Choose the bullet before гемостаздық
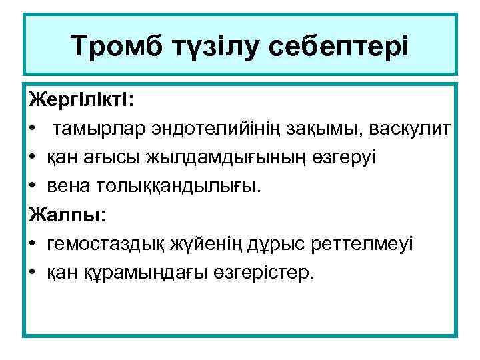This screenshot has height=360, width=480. tap(33, 245)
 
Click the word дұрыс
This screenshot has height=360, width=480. tap(280, 245)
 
